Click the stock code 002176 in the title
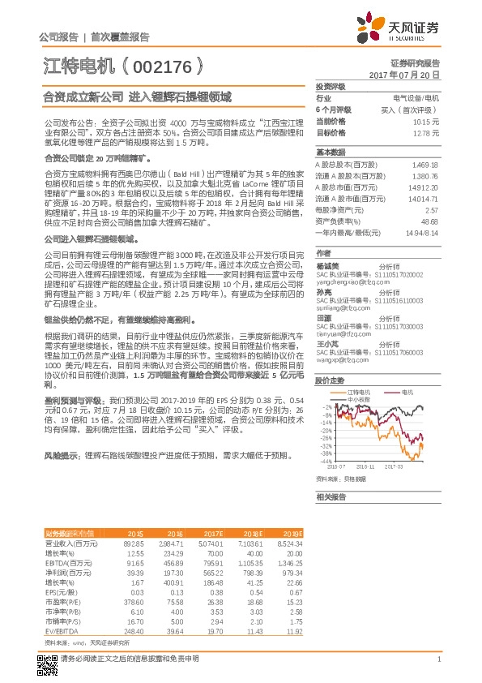[159, 62]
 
